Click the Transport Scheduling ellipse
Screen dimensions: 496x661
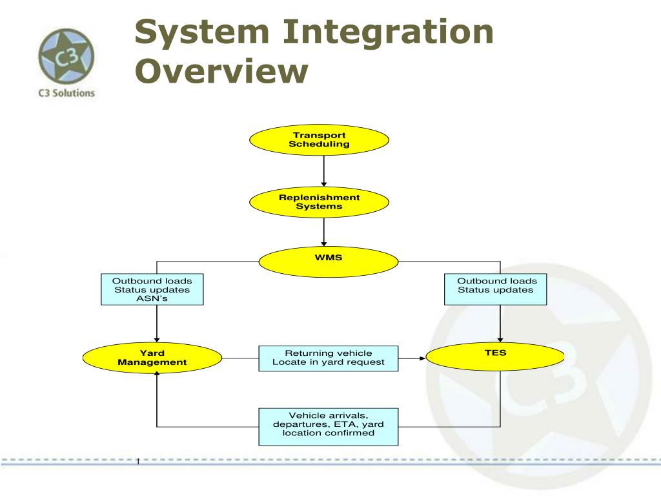pyautogui.click(x=319, y=140)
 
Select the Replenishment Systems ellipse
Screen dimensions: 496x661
pyautogui.click(x=319, y=202)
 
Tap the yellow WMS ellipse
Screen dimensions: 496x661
pyautogui.click(x=329, y=262)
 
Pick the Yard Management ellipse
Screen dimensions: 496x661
pyautogui.click(x=152, y=358)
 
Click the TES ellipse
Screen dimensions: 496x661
pyautogui.click(x=496, y=356)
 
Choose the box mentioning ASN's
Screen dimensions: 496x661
pyautogui.click(x=152, y=289)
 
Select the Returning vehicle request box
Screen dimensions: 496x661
pyautogui.click(x=328, y=358)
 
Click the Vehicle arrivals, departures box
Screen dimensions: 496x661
pyautogui.click(x=328, y=427)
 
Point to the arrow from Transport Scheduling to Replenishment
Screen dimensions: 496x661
pyautogui.click(x=324, y=171)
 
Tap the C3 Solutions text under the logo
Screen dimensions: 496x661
pyautogui.click(x=66, y=92)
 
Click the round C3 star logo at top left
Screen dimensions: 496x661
pyautogui.click(x=66, y=56)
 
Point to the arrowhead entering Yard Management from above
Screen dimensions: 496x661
pyautogui.click(x=157, y=339)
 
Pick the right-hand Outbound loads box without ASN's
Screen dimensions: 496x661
pyautogui.click(x=496, y=289)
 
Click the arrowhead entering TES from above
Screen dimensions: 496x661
pyautogui.click(x=500, y=339)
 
